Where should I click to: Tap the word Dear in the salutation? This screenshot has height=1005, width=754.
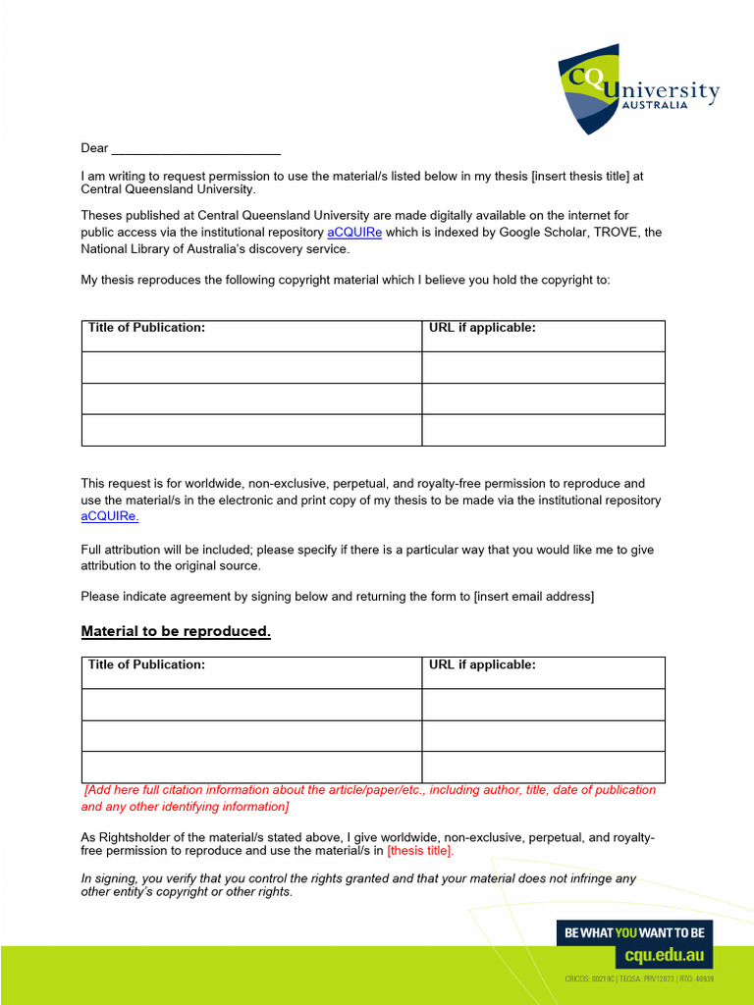coord(94,148)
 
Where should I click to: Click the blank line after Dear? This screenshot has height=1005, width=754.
coord(196,150)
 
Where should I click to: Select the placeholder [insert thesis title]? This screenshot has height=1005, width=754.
coord(579,177)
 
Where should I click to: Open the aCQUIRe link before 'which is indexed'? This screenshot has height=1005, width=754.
coord(354,233)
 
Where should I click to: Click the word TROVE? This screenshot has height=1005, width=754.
coord(612,233)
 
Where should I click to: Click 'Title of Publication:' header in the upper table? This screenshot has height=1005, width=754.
coord(147,328)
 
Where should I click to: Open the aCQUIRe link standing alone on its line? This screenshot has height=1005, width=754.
coord(110,516)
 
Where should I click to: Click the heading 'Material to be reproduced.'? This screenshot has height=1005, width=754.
coord(176,631)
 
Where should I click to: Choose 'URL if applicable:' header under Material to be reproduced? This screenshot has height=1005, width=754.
coord(482,664)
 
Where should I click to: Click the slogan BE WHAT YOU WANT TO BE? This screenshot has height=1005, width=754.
coord(634,933)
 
